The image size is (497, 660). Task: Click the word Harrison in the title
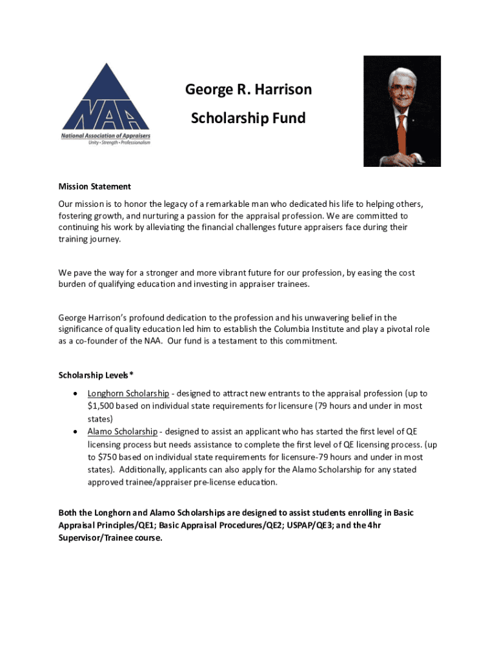[281, 90]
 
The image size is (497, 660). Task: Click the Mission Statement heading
[95, 186]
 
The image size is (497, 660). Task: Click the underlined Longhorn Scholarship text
[128, 393]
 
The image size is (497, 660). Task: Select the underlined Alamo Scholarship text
[122, 431]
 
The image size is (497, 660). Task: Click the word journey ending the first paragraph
[105, 240]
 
